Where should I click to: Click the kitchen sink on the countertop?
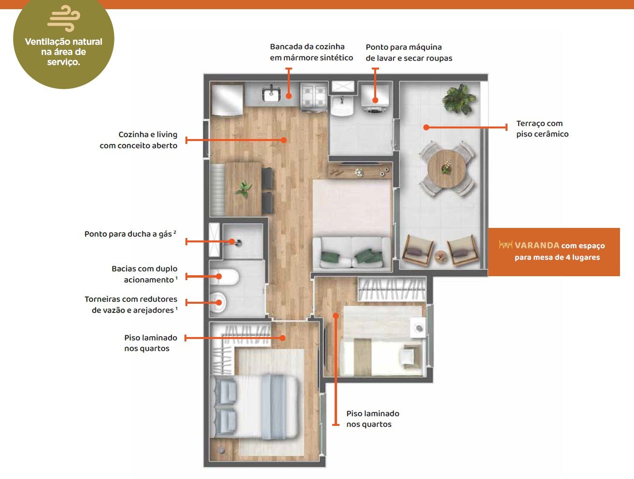coord(271,94)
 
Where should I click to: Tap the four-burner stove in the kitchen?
coord(314,96)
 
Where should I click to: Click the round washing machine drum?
coord(375,110)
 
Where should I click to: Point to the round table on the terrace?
coord(447,169)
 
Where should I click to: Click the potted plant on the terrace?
coord(459,99)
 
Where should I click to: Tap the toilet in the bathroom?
coord(224,277)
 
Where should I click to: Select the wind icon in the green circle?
coord(64,18)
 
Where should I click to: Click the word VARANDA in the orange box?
coord(537,245)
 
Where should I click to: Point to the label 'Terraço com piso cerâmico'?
coord(542,129)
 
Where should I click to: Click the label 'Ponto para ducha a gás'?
coord(130,234)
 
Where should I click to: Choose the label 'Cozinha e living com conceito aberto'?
coord(139,140)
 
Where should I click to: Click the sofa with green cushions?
coord(352,254)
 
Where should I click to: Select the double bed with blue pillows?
coord(254,407)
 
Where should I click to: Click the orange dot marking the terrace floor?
coord(426,127)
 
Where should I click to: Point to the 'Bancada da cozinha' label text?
coord(307,47)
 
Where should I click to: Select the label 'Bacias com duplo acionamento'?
coord(145,274)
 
